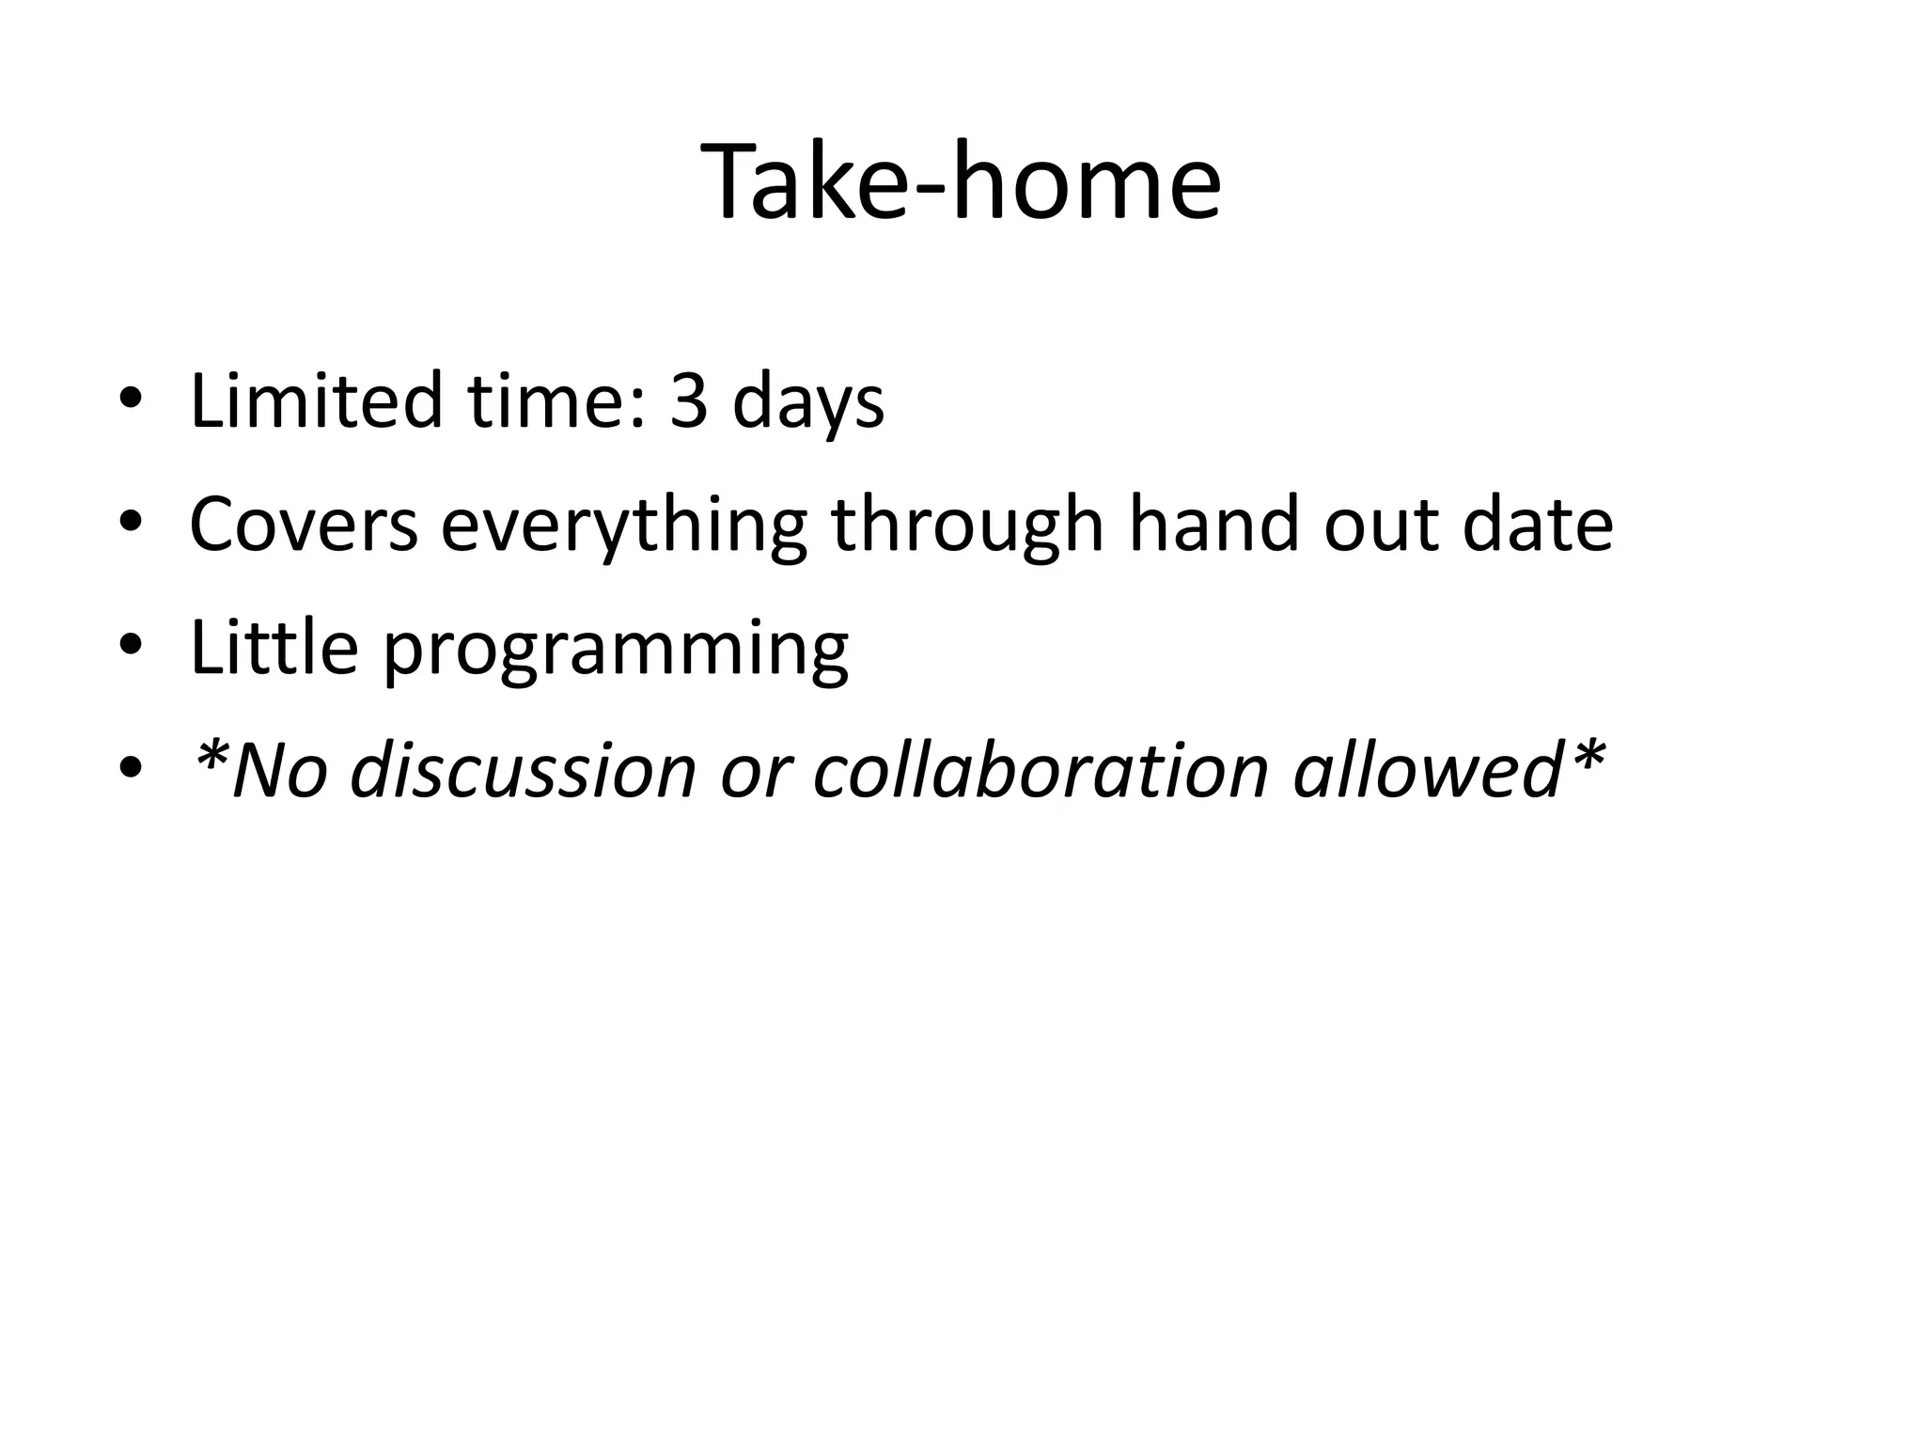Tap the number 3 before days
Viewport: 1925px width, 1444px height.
[688, 401]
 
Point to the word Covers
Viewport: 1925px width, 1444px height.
[303, 525]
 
